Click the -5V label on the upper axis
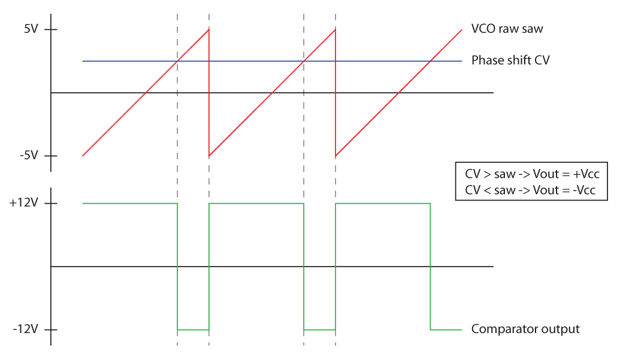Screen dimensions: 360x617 point(29,156)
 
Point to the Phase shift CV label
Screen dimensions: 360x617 point(510,60)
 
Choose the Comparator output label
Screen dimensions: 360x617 point(525,329)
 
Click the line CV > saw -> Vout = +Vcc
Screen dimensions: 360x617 point(531,174)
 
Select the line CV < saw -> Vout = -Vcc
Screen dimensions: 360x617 point(531,190)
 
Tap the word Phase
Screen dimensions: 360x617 point(486,60)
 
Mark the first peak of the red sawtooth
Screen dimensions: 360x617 point(208,30)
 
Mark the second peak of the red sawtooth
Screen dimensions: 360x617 point(335,30)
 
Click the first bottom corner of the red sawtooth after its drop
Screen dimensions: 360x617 point(209,156)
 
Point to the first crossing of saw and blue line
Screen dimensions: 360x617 point(177,61)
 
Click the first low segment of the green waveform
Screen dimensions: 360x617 point(193,329)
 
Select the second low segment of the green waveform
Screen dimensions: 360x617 point(319,329)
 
